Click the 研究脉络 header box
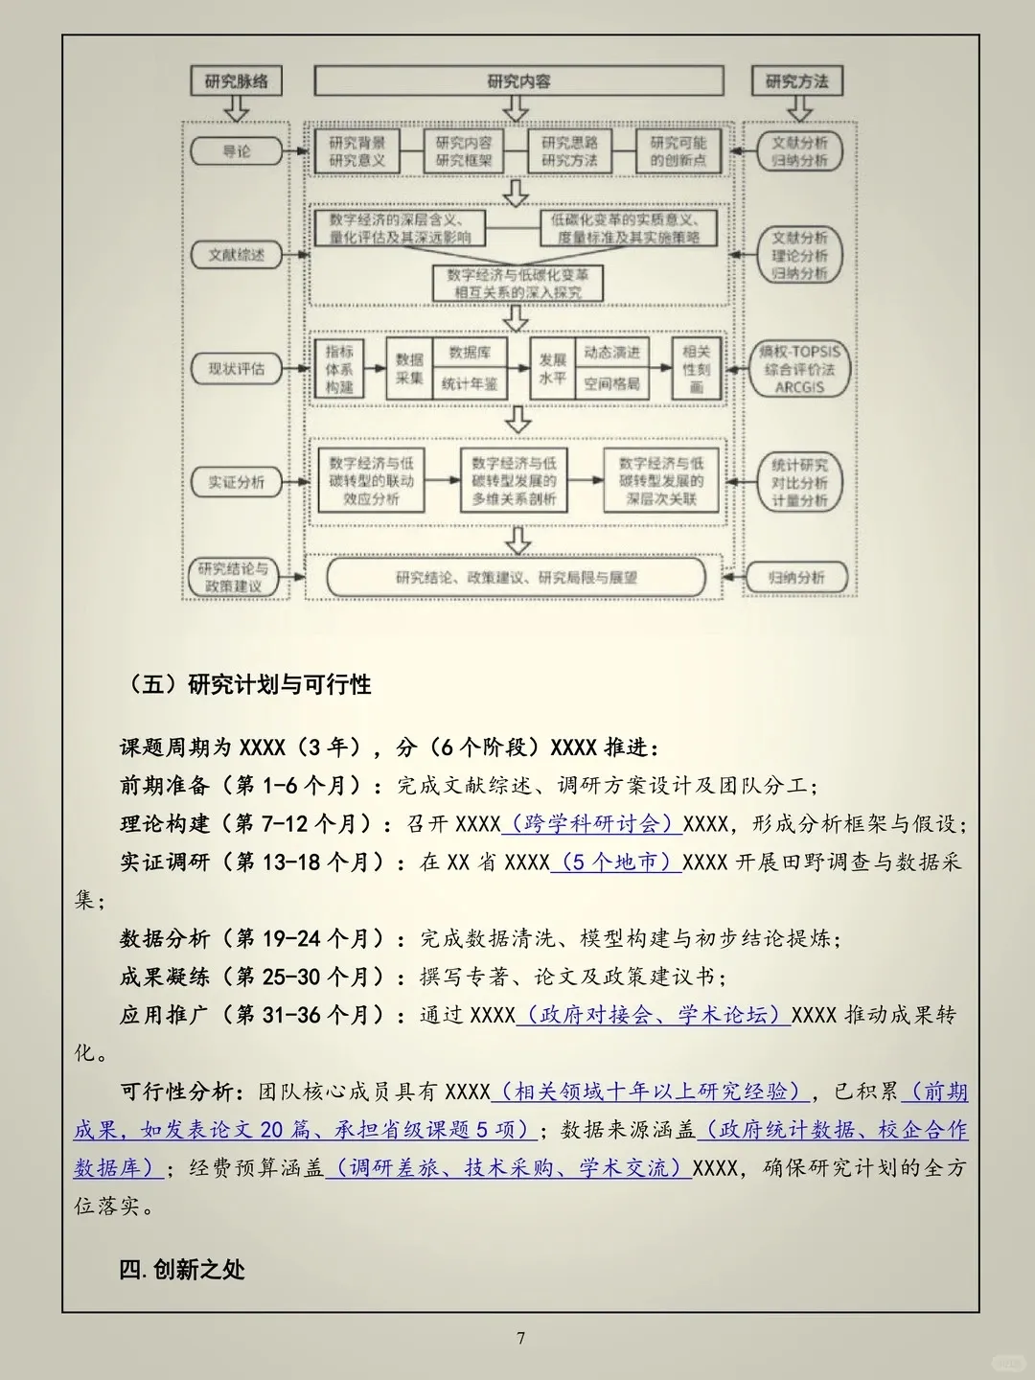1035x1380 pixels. pyautogui.click(x=236, y=81)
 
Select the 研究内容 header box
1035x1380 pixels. pyautogui.click(x=518, y=81)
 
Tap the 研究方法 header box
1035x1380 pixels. pyautogui.click(x=796, y=81)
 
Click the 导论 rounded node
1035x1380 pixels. pyautogui.click(x=236, y=151)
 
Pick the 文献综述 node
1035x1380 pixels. pyautogui.click(x=236, y=255)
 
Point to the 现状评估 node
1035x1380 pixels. pyautogui.click(x=236, y=369)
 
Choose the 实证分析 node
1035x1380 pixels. pyautogui.click(x=236, y=482)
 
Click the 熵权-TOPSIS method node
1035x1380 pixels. pyautogui.click(x=799, y=369)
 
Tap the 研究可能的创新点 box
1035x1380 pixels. pyautogui.click(x=678, y=151)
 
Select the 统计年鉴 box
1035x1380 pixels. pyautogui.click(x=470, y=384)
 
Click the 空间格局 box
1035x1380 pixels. pyautogui.click(x=611, y=384)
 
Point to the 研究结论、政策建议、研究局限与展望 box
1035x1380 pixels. pyautogui.click(x=516, y=578)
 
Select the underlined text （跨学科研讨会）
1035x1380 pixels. pyautogui.click(x=591, y=824)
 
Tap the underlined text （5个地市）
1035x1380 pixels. pyautogui.click(x=616, y=862)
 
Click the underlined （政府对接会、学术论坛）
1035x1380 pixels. pyautogui.click(x=654, y=1015)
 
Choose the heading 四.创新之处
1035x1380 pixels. pyautogui.click(x=182, y=1270)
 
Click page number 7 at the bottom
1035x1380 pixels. pyautogui.click(x=520, y=1338)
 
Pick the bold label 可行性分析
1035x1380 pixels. pyautogui.click(x=176, y=1092)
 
